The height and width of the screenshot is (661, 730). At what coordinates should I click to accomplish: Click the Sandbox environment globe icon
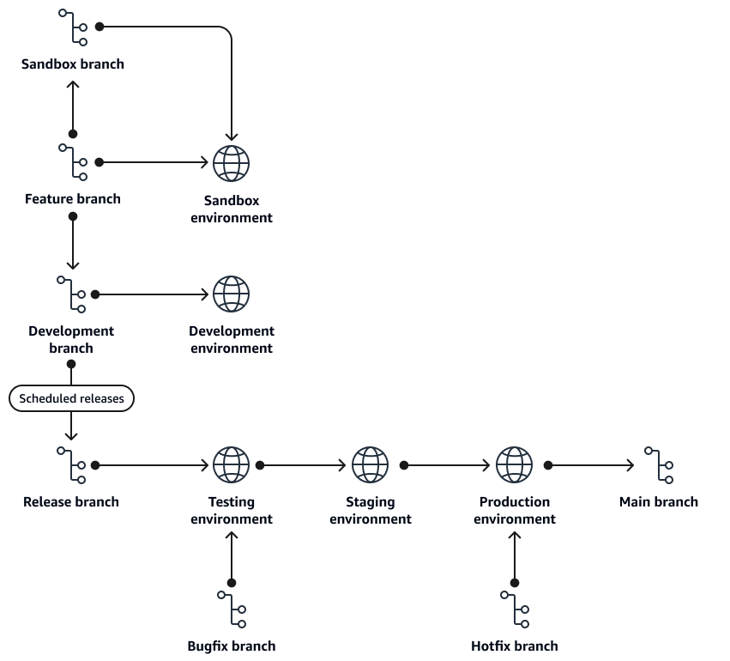[x=231, y=162]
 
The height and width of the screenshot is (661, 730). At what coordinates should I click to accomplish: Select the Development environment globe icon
[x=231, y=294]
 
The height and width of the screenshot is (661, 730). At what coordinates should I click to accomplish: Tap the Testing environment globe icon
[x=231, y=465]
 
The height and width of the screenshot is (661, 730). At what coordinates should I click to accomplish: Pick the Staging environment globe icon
[x=371, y=465]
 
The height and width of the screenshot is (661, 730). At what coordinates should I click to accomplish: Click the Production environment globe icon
[x=515, y=465]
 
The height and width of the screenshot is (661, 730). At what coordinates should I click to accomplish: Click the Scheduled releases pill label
[x=72, y=398]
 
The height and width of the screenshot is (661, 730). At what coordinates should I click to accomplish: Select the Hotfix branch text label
[x=515, y=646]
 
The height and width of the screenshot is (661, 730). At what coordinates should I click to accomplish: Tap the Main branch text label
[x=659, y=501]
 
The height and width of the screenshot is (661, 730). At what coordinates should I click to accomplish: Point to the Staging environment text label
[x=371, y=510]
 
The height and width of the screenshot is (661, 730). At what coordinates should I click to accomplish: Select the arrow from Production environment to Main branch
[x=592, y=465]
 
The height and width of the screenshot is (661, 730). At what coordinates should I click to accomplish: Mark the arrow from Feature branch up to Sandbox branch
[x=73, y=107]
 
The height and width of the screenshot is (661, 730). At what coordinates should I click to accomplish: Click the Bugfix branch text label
[x=232, y=646]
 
